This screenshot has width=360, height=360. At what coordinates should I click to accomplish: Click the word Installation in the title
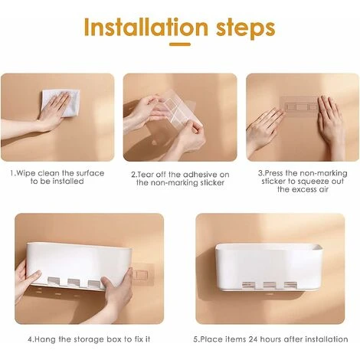146,28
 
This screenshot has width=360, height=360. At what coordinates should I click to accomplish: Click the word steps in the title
246,29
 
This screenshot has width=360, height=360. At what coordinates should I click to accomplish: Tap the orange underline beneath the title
180,44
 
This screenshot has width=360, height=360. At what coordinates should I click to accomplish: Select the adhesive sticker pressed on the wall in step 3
300,106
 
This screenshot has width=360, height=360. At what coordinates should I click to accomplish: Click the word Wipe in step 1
26,173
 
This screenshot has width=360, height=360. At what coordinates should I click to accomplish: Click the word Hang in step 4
45,339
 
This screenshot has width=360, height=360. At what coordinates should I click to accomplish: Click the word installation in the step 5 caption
326,339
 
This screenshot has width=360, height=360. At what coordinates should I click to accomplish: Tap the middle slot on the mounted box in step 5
269,285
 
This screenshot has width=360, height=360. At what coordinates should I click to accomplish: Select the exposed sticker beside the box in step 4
141,274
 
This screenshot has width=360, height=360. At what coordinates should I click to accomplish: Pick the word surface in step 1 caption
90,173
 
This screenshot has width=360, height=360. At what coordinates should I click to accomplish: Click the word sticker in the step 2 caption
211,183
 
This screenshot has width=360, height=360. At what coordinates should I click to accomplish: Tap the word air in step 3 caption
323,189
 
